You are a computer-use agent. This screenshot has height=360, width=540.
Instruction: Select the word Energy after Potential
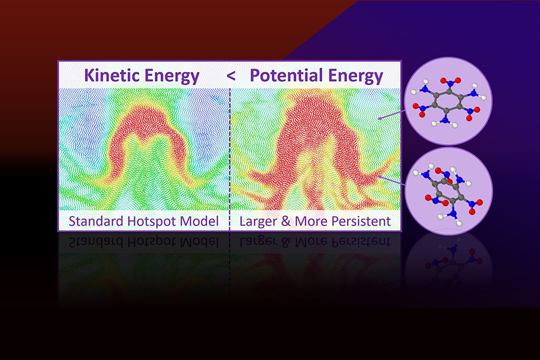pyautogui.click(x=354, y=76)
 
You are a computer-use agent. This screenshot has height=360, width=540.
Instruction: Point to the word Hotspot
pyautogui.click(x=156, y=221)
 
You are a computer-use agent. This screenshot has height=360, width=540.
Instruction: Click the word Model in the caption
pyautogui.click(x=202, y=221)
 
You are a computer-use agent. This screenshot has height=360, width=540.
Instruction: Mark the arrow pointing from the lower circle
pyautogui.click(x=393, y=175)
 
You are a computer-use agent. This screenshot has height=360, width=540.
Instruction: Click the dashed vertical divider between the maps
pyautogui.click(x=230, y=150)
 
